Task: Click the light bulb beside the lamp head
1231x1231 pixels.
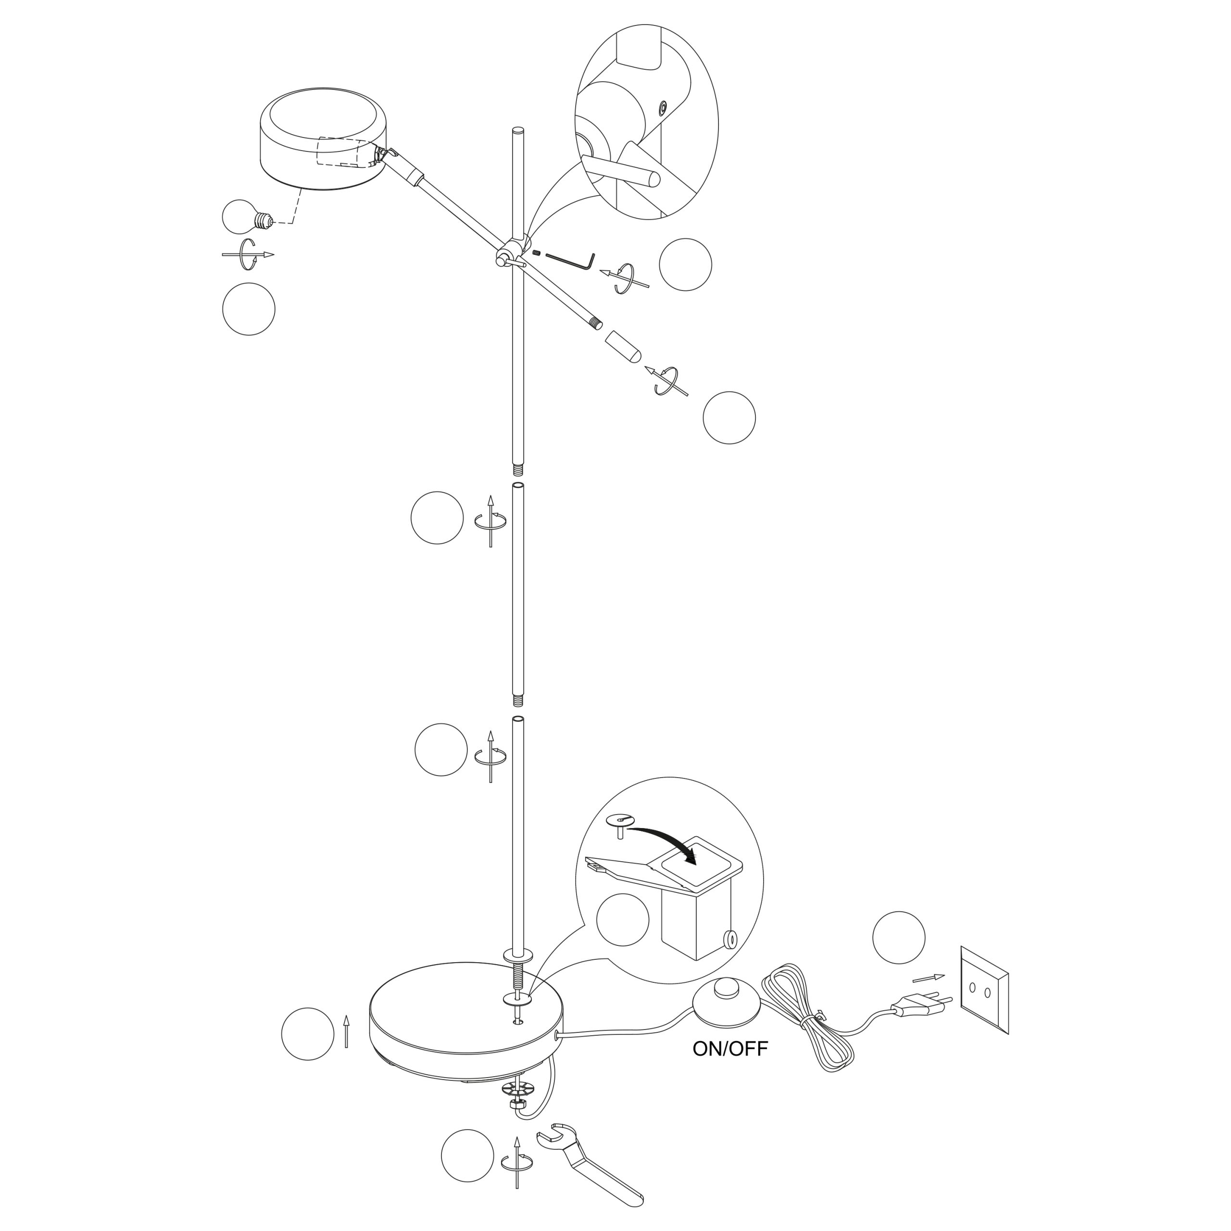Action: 247,218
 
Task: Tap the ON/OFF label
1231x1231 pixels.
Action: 730,1049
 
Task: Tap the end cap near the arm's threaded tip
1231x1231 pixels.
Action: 623,347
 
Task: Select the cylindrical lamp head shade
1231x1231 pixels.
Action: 324,139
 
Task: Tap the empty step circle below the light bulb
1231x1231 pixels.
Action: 249,309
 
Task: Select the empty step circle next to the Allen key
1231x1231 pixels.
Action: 686,264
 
